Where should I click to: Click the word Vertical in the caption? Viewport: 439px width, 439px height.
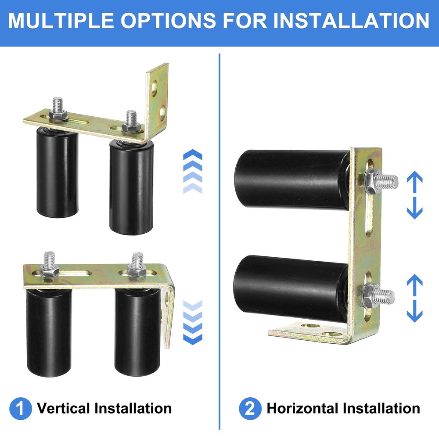tap(64, 409)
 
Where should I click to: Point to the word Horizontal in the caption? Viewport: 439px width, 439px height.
tap(303, 409)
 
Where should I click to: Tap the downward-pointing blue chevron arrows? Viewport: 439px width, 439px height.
tap(192, 323)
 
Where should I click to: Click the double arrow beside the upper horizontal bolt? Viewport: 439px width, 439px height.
tap(414, 195)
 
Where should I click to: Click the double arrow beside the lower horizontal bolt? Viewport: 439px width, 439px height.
tap(414, 298)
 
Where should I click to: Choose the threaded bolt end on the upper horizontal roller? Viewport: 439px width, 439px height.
tap(388, 180)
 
